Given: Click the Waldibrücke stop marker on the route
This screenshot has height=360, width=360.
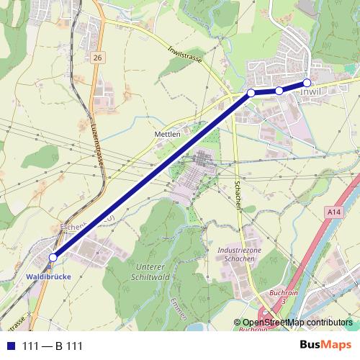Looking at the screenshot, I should coord(53,257).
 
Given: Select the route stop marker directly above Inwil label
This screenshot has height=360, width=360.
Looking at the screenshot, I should coord(307,83).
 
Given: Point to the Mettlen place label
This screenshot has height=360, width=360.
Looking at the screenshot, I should coord(166,134).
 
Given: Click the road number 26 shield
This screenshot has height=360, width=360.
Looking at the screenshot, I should coord(98,57).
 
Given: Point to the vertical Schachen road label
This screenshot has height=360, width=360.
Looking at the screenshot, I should coord(237,194).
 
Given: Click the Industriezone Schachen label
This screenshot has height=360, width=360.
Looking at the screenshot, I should coord(235,253).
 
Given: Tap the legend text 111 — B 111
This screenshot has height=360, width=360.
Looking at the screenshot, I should coord(53,346).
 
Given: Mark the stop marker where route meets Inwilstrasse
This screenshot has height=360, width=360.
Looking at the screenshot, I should coord(251,93).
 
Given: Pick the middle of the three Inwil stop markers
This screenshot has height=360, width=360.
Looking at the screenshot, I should coord(279,91).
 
